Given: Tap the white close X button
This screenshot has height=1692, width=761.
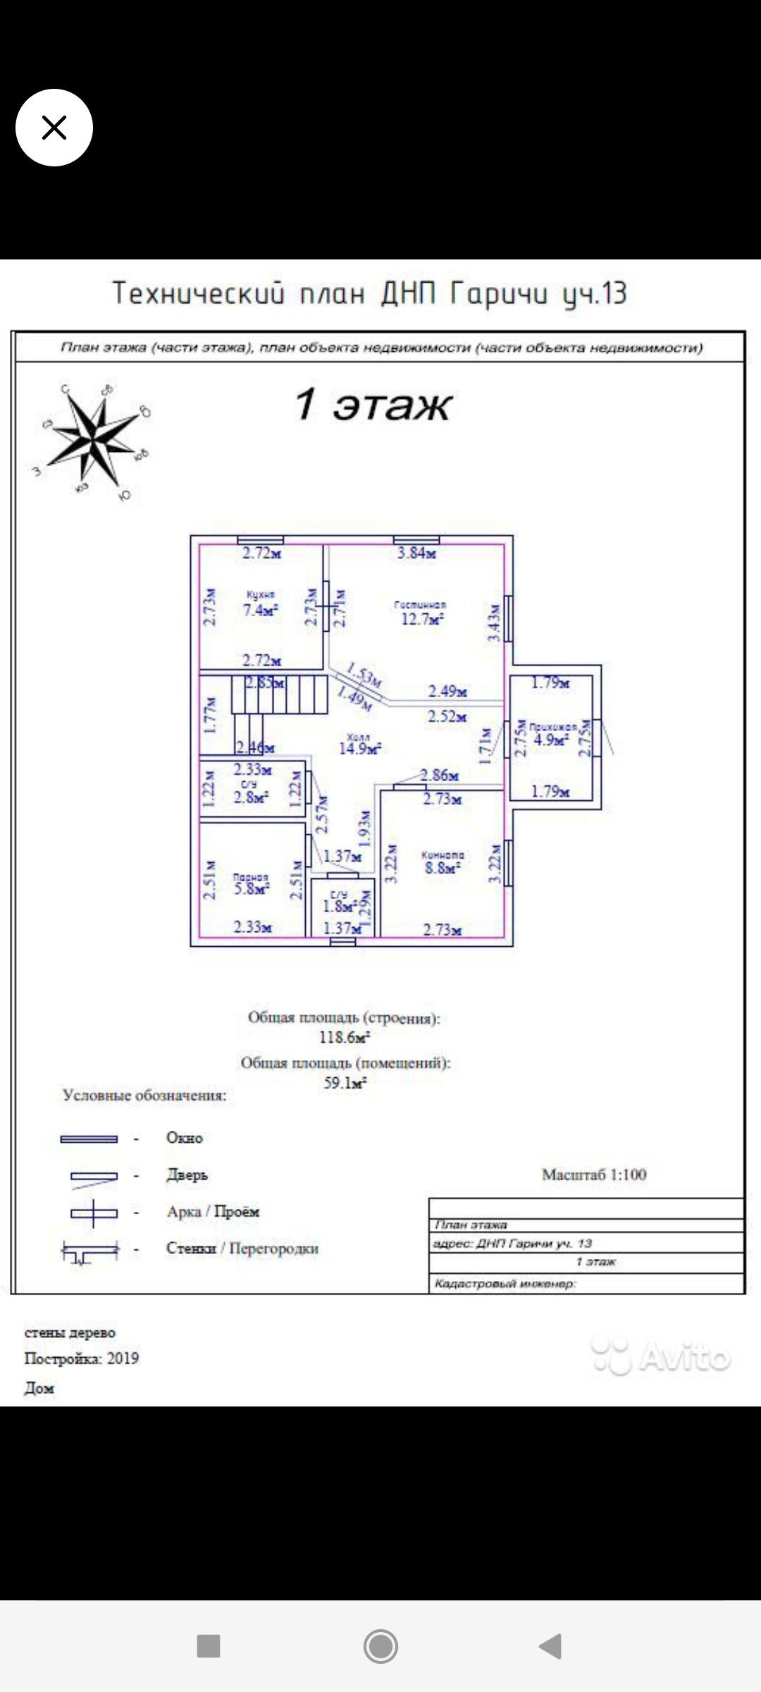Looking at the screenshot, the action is tap(54, 128).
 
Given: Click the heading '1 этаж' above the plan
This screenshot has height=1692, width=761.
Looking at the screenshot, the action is tap(372, 405).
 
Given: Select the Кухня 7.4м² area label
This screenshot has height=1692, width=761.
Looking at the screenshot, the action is tap(260, 606).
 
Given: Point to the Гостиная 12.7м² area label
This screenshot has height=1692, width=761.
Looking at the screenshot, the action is tap(421, 614).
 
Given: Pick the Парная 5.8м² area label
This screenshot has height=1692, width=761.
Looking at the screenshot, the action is tap(251, 885).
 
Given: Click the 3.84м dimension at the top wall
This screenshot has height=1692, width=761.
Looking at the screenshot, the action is tap(416, 553).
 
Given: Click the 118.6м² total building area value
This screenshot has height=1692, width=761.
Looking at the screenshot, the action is tap(345, 1037).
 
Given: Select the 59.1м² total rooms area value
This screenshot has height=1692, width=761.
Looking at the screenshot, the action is tap(345, 1083).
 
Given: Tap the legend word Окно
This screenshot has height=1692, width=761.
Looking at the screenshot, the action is tap(184, 1138).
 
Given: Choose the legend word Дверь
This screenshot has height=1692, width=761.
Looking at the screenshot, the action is tap(187, 1175).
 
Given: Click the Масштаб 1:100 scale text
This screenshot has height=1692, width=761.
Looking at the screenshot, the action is tap(593, 1175).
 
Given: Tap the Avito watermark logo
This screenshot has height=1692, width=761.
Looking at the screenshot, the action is tap(661, 1356).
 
